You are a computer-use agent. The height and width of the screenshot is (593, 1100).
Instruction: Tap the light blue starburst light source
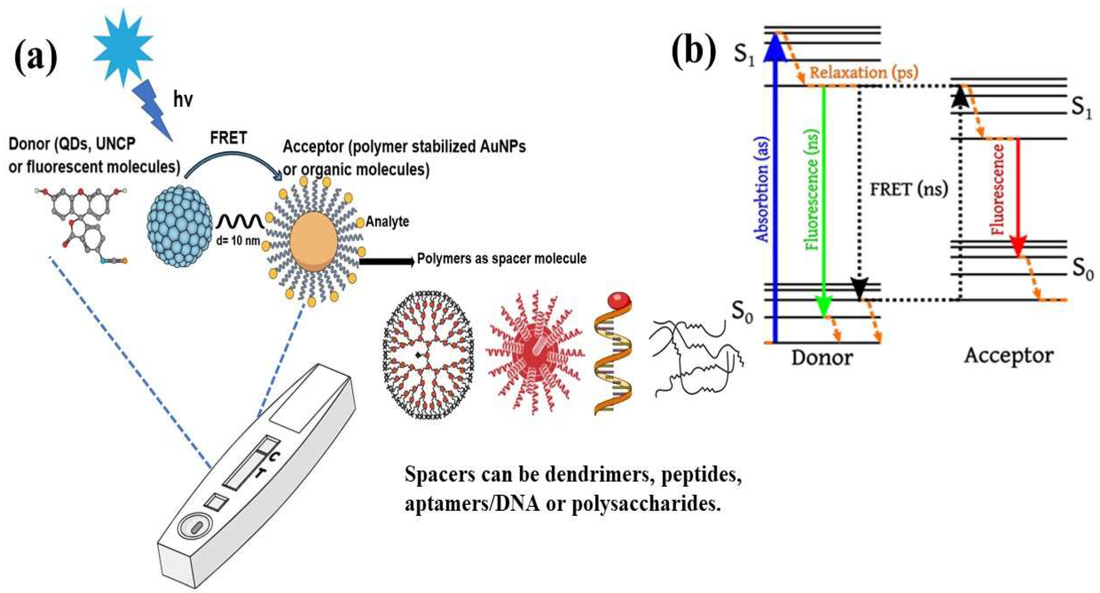123,47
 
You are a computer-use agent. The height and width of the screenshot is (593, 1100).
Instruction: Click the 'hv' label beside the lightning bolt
183,100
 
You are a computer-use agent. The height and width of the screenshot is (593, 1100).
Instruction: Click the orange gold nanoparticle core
314,241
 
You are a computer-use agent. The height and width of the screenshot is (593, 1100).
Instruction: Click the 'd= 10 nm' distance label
238,241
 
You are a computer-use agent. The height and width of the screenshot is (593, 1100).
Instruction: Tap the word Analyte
387,222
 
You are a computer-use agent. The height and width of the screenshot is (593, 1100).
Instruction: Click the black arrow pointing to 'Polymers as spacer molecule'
386,261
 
